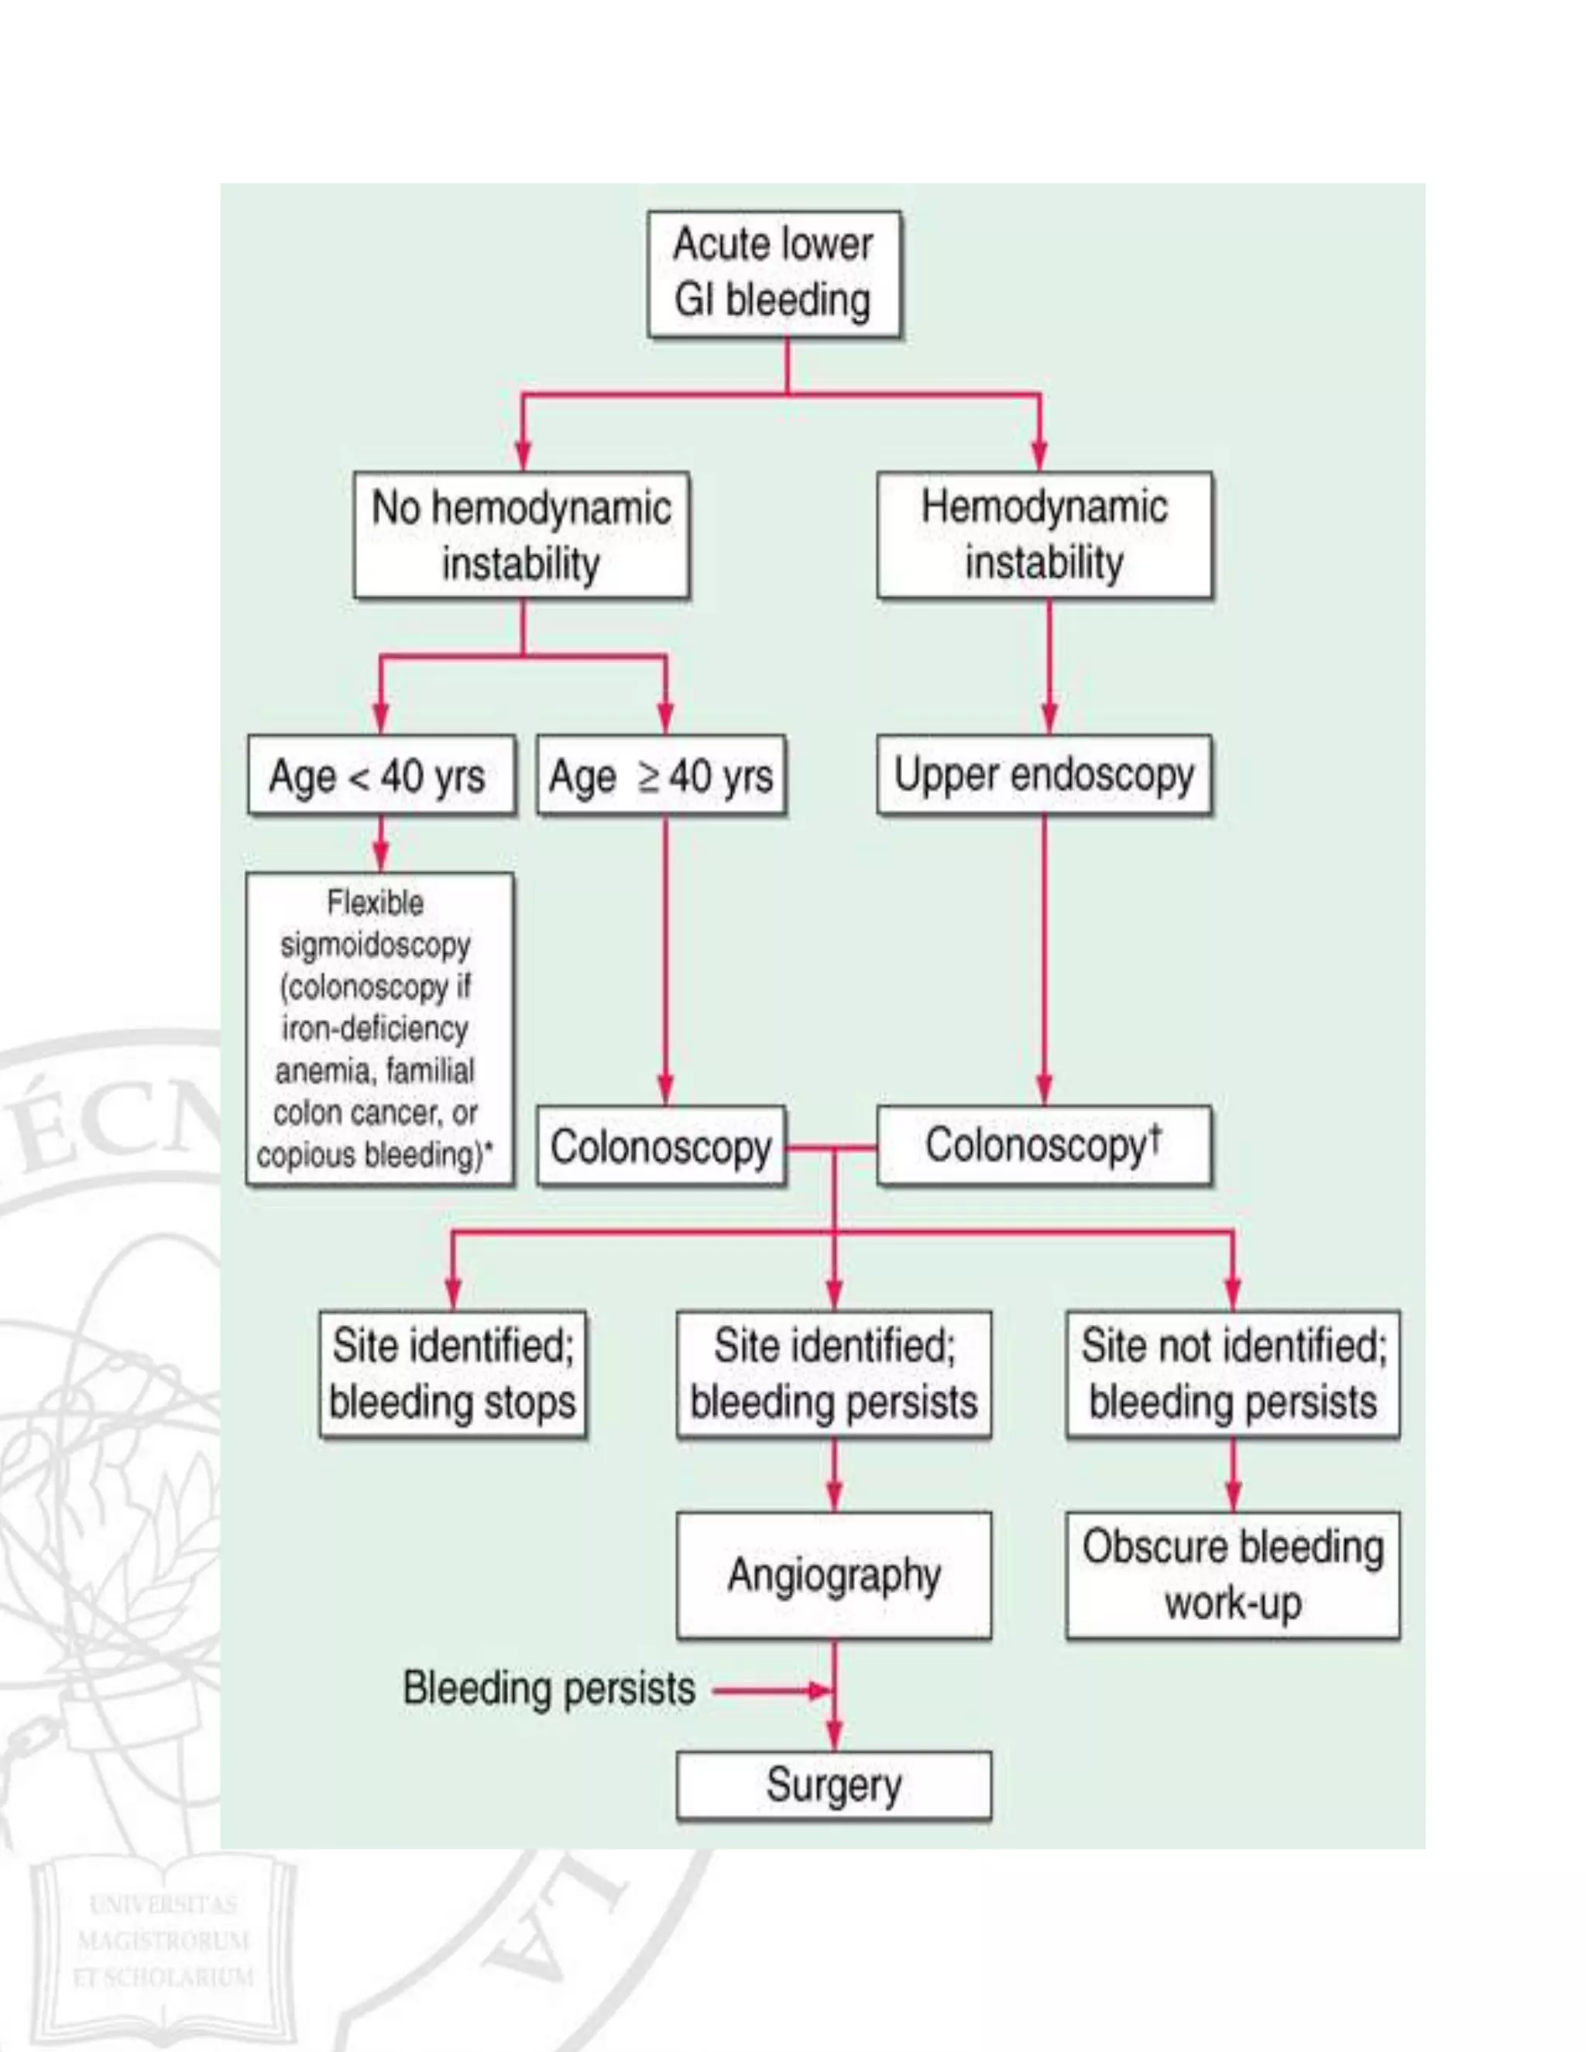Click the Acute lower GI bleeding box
tap(774, 273)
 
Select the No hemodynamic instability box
tap(520, 534)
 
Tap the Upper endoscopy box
tap(1044, 775)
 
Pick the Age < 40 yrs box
tap(380, 775)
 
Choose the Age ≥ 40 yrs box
tap(661, 775)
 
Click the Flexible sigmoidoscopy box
tap(379, 1029)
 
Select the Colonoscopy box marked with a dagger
tap(1044, 1145)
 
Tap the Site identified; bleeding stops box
tap(452, 1374)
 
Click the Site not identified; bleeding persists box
tap(1232, 1374)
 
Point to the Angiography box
tap(833, 1576)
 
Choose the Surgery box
tap(833, 1784)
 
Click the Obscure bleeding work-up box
tap(1232, 1576)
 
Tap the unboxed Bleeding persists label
tap(549, 1687)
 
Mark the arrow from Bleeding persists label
tap(771, 1691)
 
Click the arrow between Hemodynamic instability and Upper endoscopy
tap(1049, 666)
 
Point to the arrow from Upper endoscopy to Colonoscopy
tap(1044, 959)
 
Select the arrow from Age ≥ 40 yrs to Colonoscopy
tap(665, 959)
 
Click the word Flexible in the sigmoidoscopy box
tap(375, 903)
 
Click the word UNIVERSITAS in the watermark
tap(163, 1905)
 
